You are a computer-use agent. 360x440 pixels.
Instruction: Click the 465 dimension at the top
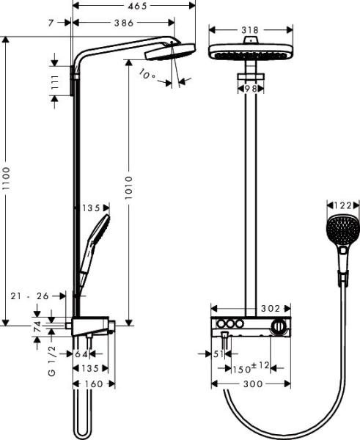click(135, 6)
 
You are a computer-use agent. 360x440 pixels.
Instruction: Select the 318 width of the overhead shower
click(250, 31)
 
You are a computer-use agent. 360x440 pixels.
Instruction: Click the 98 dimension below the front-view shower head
click(250, 88)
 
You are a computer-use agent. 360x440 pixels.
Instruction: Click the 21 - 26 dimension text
click(32, 296)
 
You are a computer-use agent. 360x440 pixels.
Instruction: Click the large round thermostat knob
click(278, 327)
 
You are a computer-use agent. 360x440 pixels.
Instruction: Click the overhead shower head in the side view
click(170, 53)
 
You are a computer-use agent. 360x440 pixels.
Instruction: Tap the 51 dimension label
click(217, 353)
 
